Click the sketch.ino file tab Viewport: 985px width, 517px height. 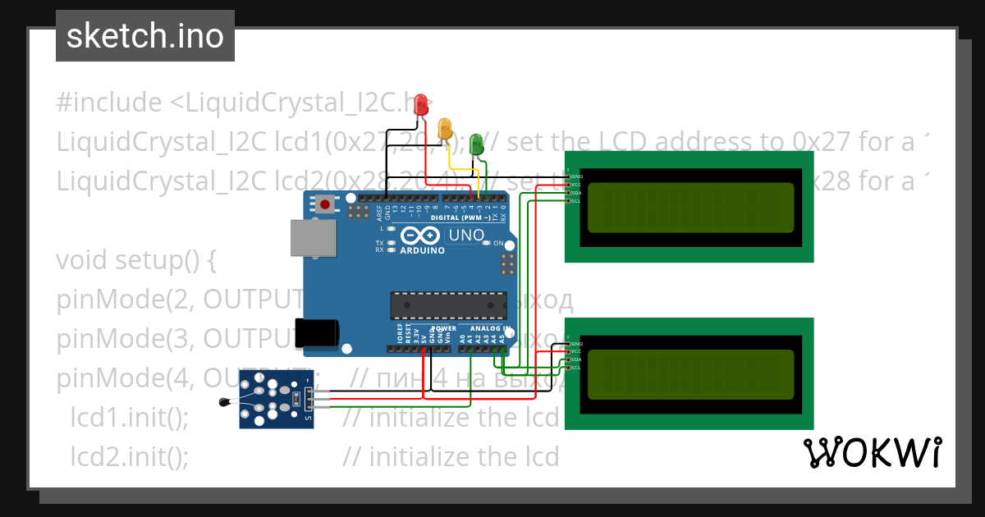144,36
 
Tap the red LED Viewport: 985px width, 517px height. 422,104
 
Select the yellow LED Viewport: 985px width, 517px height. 445,127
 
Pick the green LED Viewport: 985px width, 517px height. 476,145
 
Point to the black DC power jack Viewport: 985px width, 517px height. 318,332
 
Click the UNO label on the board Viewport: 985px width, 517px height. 465,236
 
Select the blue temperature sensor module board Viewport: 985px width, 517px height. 275,398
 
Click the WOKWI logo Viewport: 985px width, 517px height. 872,452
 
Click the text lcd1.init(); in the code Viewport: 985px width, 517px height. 130,418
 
